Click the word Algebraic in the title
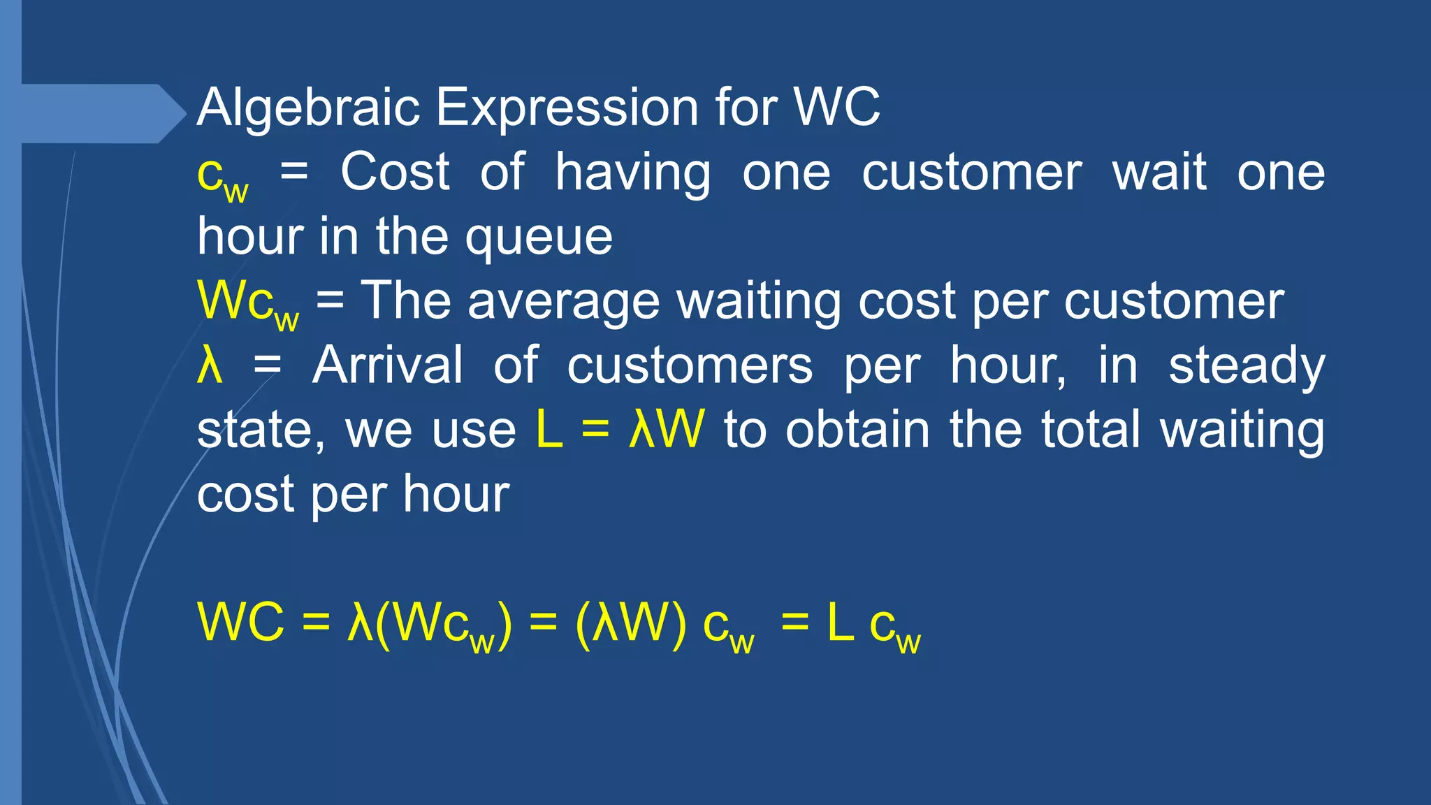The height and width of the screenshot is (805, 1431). pos(308,108)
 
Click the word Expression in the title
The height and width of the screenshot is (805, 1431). pos(567,108)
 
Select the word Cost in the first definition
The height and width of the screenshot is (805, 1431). pos(395,172)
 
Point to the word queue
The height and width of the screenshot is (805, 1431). pos(539,238)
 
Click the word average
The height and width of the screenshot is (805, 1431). pos(563,302)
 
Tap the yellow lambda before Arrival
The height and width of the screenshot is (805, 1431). pos(210,365)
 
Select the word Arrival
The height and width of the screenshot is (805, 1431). pos(387,365)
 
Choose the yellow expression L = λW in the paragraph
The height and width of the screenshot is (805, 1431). pos(620,429)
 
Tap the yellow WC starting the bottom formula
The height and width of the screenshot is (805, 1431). pos(241,622)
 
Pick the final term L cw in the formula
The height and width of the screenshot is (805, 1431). pos(873,625)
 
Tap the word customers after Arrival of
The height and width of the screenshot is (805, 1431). pos(690,365)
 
